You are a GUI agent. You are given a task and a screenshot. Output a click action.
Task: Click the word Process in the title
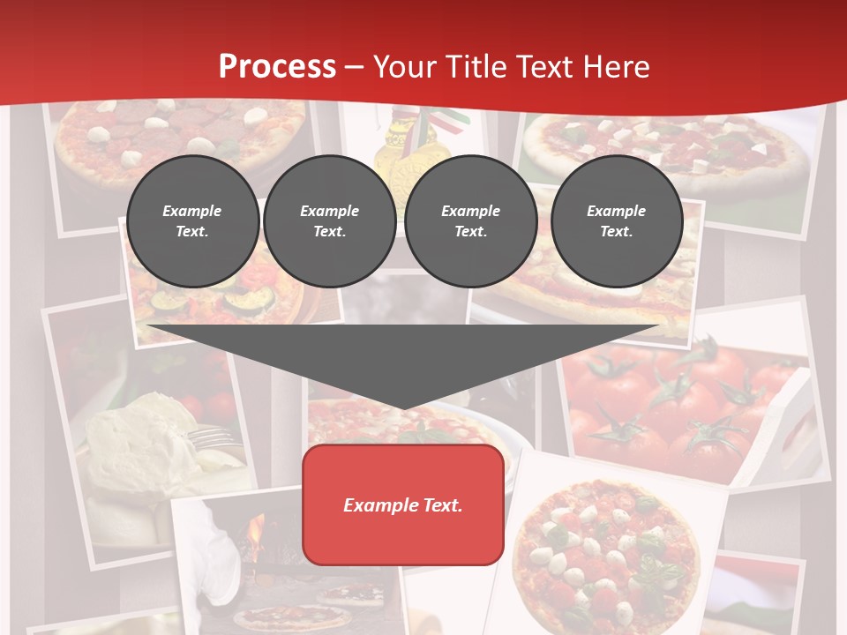coord(277,67)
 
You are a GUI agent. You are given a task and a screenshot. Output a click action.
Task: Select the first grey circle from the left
coord(192,221)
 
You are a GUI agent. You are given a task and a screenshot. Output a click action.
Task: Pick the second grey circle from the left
coord(329,221)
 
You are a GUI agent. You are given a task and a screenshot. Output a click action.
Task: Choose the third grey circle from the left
coord(470,221)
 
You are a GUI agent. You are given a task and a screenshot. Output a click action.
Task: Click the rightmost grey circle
coord(616,221)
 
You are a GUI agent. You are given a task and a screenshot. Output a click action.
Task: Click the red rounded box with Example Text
coord(402,504)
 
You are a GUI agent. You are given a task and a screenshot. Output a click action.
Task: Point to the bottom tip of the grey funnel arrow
coord(403,408)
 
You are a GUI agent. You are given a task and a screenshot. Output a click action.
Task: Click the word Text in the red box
coord(440,505)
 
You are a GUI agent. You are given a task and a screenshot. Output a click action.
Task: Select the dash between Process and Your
coord(354,67)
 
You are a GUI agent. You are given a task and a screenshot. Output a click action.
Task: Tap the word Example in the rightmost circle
coord(616,211)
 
